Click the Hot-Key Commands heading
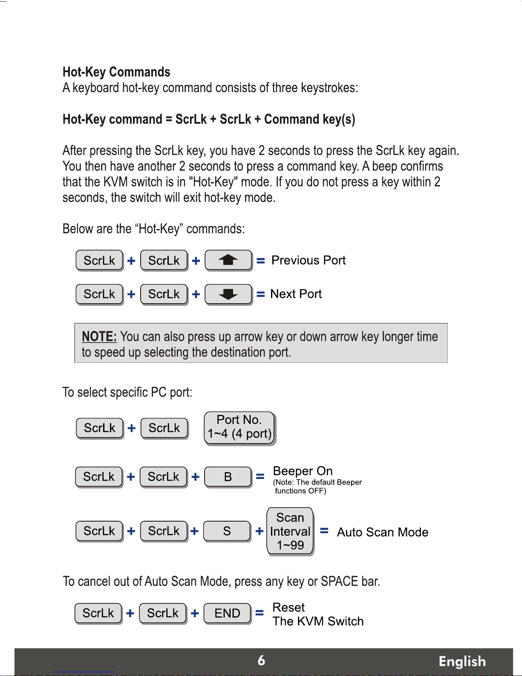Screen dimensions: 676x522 point(116,72)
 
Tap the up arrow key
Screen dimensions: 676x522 point(228,260)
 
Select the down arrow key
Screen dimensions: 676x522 point(228,294)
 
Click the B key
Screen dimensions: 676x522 point(228,477)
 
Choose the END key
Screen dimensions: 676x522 point(227,613)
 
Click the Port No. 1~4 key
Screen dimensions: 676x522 point(239,427)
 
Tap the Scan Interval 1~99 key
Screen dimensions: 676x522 point(290,531)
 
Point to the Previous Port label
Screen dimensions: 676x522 point(309,260)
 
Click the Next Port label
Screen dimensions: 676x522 point(296,294)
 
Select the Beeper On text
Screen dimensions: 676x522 point(303,471)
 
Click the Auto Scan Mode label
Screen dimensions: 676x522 point(383,532)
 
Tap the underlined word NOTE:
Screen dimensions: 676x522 point(99,337)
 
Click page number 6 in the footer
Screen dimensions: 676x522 point(261,661)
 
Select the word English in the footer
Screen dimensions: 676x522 point(462,661)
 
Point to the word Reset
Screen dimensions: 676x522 point(288,607)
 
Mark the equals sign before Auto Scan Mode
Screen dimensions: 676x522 point(324,531)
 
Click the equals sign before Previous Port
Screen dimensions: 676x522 point(261,261)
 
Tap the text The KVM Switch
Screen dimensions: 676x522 point(318,621)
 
